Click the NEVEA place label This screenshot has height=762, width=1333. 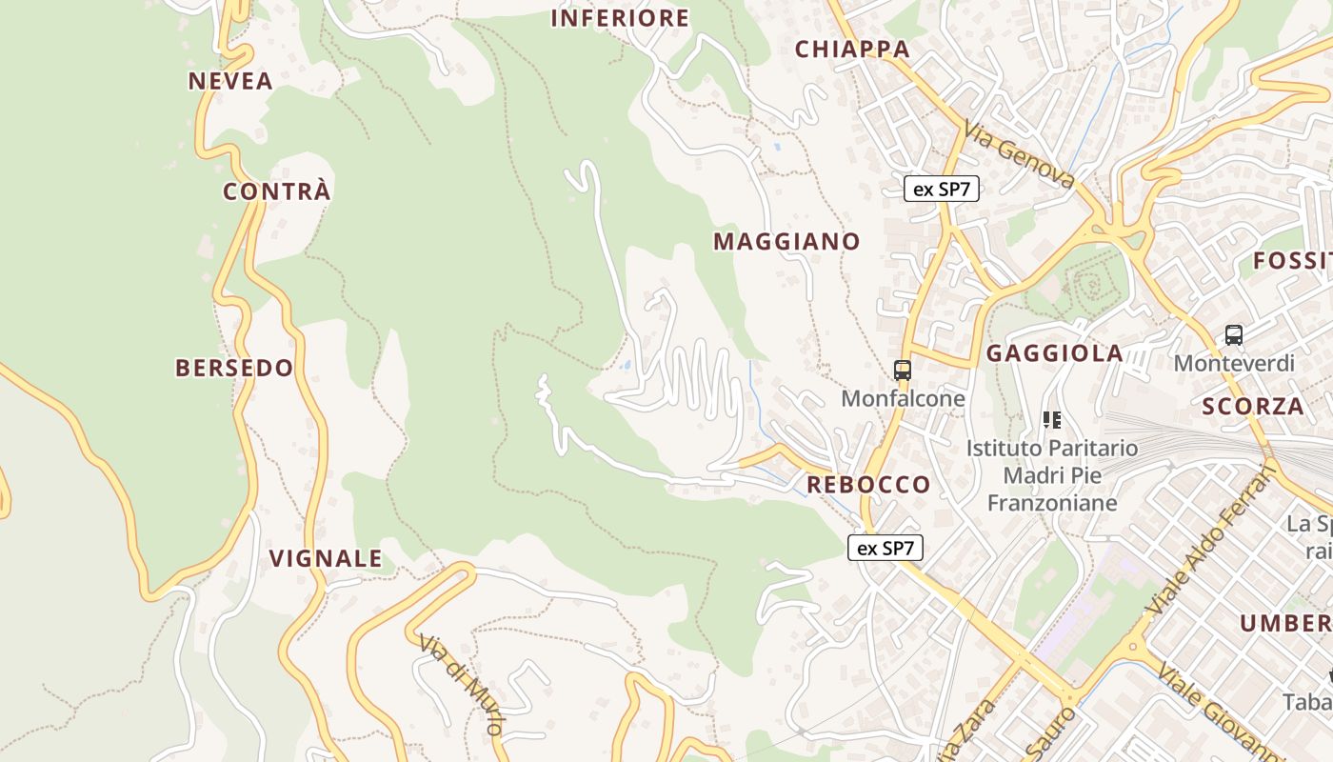pos(230,81)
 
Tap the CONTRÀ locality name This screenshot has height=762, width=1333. pos(277,191)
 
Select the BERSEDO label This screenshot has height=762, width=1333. pos(234,368)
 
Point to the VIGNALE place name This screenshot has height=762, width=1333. pos(326,558)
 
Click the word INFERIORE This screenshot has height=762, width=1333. pos(620,18)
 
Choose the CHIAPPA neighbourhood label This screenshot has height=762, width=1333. pos(852,50)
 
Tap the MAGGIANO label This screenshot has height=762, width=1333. pos(786,242)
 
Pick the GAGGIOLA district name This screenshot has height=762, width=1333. pos(1055,353)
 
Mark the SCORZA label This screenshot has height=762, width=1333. pos(1253,407)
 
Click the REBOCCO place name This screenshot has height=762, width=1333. pos(868,485)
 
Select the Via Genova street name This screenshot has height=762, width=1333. pos(1019,154)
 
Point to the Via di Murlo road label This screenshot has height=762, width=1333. pos(461,684)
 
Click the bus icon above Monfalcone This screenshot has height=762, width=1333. pos(903,370)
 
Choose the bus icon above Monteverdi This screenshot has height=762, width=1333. pos(1234,334)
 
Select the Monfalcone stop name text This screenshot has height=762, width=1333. pos(903,398)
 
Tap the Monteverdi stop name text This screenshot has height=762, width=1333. pos(1234,363)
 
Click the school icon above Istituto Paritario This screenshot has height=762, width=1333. pos(1052,419)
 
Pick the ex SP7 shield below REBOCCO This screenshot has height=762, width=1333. pos(885,548)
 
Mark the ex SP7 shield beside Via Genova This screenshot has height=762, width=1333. pos(942,189)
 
